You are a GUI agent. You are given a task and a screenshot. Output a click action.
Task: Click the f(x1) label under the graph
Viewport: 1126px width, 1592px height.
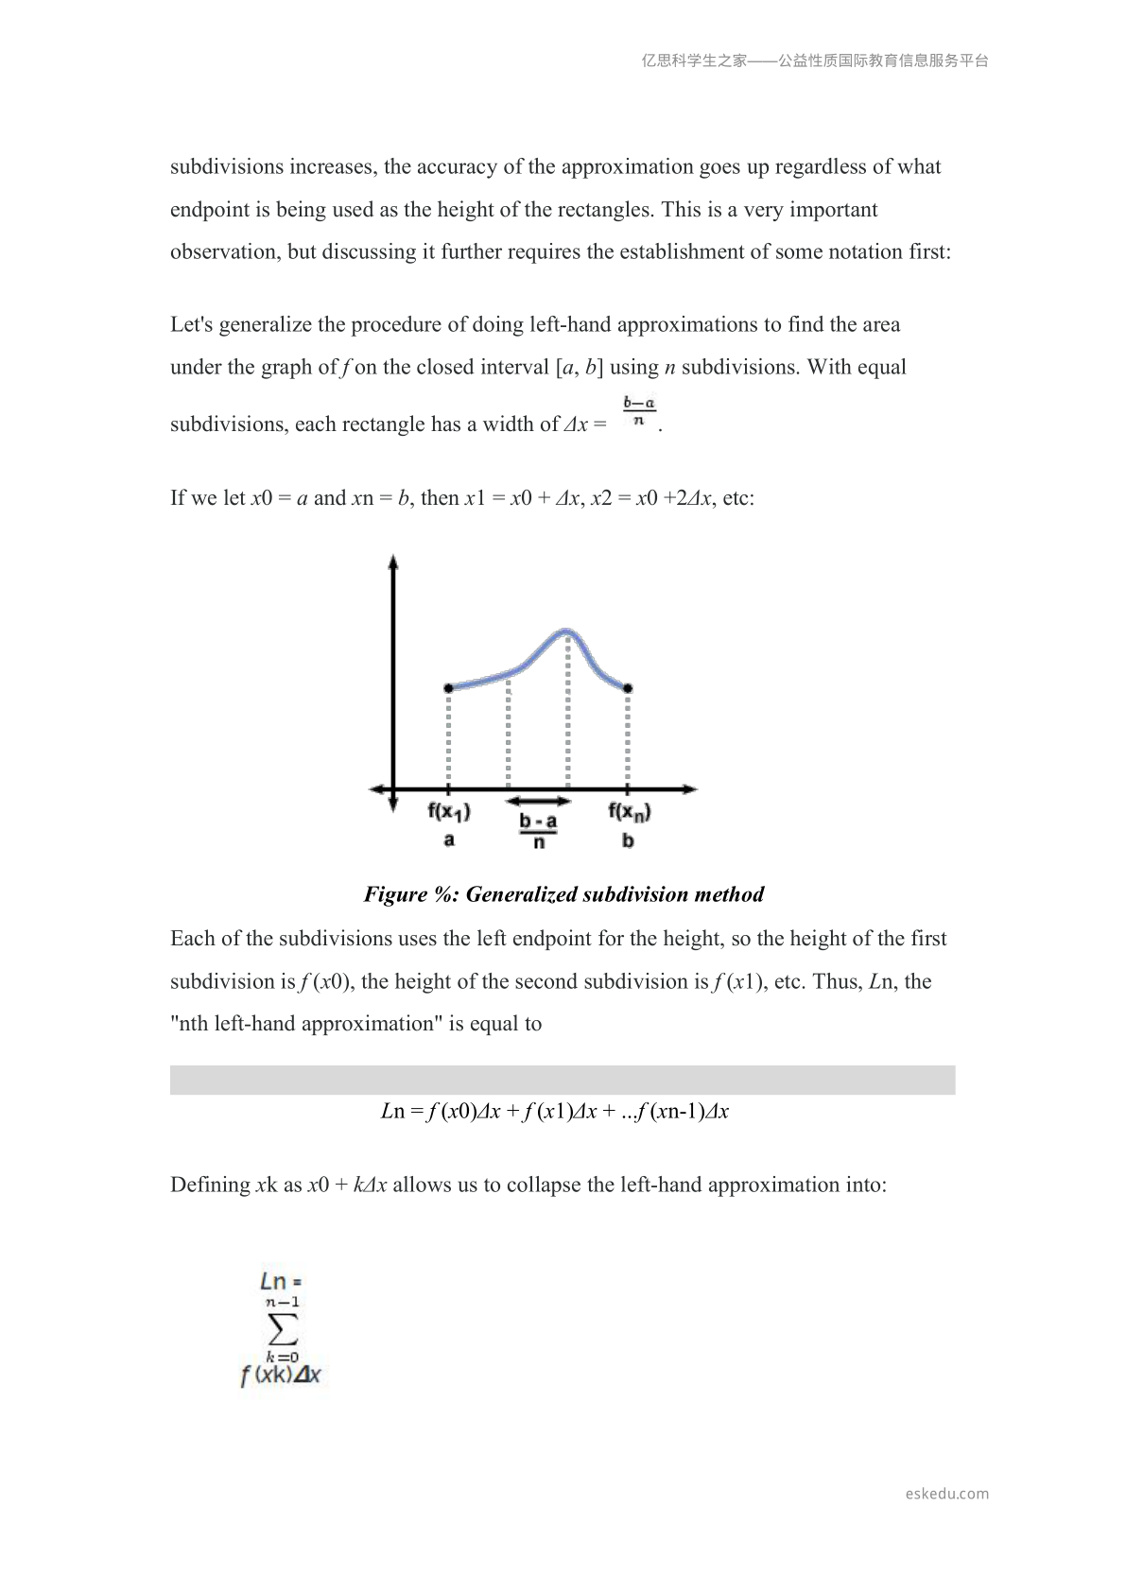[x=449, y=812]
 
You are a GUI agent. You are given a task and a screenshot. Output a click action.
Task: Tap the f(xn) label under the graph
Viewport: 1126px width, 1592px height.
[x=629, y=812]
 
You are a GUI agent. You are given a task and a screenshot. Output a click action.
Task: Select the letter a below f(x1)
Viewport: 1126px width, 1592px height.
[x=449, y=839]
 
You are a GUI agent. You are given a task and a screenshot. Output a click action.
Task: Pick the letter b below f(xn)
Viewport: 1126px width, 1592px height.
[x=629, y=840]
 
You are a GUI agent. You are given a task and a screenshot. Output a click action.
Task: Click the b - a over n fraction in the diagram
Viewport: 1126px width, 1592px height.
[x=538, y=831]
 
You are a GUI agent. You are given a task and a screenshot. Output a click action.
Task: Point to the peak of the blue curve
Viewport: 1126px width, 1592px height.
[x=566, y=631]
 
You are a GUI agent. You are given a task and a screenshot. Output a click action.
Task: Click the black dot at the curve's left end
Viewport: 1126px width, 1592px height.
[x=448, y=688]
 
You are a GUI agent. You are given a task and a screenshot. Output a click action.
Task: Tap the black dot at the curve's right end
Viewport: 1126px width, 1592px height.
[x=629, y=688]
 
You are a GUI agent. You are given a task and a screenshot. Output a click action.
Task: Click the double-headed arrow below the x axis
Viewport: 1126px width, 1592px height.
[x=538, y=802]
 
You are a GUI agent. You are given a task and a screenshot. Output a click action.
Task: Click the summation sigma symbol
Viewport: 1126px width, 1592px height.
[x=283, y=1330]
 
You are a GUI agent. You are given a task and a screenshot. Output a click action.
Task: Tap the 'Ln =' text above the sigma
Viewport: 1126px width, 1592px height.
[x=281, y=1282]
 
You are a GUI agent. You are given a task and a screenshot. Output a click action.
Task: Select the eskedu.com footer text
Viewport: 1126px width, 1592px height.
[x=946, y=1494]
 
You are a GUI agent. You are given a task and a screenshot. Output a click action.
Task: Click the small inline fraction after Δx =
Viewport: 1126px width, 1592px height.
[x=639, y=412]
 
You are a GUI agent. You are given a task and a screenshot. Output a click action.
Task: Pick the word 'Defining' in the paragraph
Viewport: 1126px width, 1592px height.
[x=210, y=1185]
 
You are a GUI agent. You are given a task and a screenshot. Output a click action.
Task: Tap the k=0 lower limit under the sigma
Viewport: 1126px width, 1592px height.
[x=282, y=1357]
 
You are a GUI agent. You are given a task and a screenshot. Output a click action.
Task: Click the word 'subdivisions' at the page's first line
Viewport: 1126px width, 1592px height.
[x=227, y=167]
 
